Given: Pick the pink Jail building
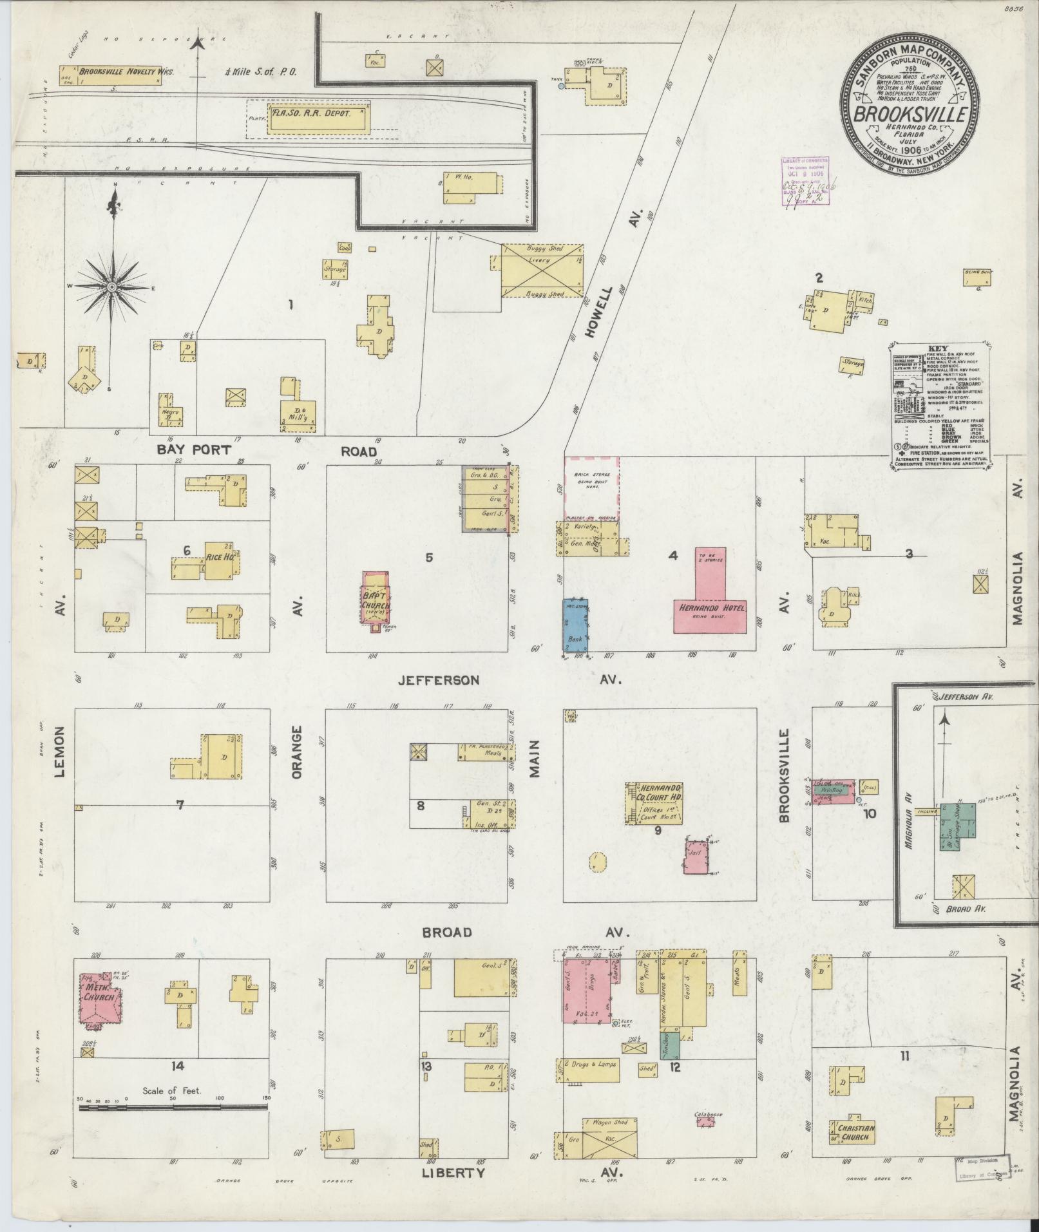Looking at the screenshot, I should click(x=696, y=857).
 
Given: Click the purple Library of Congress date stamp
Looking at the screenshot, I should click(x=805, y=182).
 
